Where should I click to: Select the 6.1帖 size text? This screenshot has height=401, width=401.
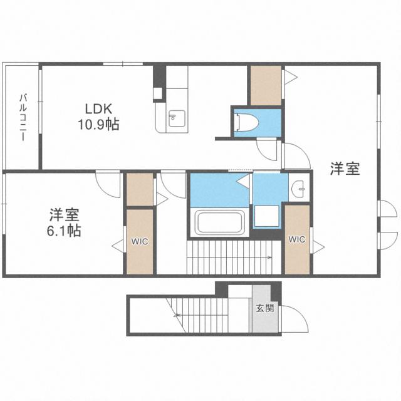pyautogui.click(x=65, y=230)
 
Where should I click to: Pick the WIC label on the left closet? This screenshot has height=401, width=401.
pyautogui.click(x=139, y=241)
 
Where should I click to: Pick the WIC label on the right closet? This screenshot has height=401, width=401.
pyautogui.click(x=296, y=239)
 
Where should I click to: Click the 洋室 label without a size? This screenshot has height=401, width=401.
pyautogui.click(x=345, y=169)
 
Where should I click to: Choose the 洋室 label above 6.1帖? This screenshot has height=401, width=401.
pyautogui.click(x=65, y=214)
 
